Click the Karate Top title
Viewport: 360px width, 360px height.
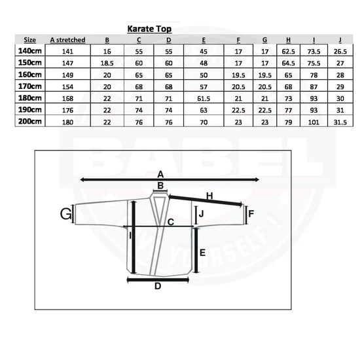(x=149, y=29)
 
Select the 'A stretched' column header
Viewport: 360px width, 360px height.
(x=67, y=40)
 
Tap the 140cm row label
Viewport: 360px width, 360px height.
(x=30, y=51)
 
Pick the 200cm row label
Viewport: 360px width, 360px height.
(x=30, y=121)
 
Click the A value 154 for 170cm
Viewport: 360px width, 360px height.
(x=67, y=87)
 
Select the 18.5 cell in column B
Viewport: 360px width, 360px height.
(x=107, y=63)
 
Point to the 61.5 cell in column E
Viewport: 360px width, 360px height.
(x=204, y=98)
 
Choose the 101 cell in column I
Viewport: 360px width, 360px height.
(x=314, y=122)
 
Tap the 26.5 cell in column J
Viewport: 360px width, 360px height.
(x=340, y=52)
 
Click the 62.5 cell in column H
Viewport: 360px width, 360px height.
(x=289, y=52)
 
